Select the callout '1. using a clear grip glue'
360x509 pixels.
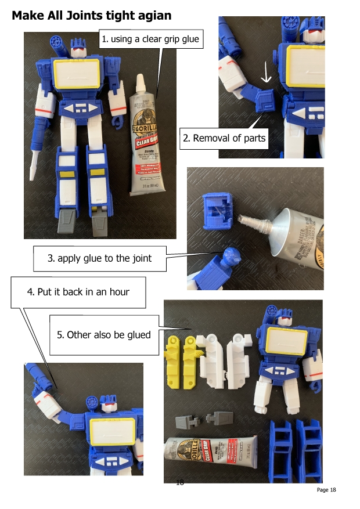150,39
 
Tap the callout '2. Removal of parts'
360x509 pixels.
224,138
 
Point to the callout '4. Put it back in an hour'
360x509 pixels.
78,291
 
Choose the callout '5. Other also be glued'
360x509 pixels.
104,334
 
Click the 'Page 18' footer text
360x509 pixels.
326,490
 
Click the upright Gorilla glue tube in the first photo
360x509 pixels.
146,139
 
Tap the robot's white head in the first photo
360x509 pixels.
78,48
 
